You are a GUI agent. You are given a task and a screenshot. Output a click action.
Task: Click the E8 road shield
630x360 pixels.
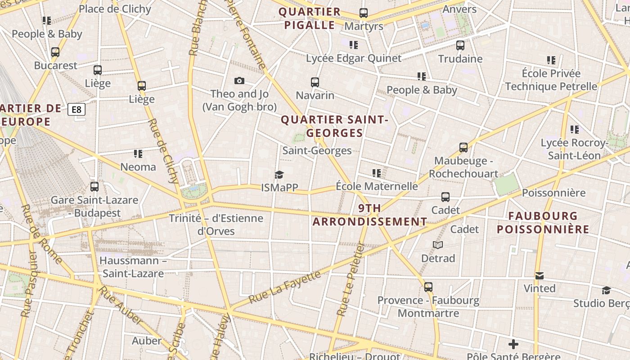point(76,109)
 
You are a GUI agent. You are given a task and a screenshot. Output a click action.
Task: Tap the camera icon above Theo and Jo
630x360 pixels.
point(239,81)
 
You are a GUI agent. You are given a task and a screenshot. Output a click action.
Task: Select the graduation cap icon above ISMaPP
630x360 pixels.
point(279,175)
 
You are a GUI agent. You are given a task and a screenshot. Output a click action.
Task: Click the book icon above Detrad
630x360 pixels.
point(438,245)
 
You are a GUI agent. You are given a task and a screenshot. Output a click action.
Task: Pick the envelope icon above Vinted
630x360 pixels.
point(540,275)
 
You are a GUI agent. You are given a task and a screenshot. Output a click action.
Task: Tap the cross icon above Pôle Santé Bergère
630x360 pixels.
point(513,345)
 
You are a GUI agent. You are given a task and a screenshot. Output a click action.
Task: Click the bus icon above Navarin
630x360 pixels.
point(315,82)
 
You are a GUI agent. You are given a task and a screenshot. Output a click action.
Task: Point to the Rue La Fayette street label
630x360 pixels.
point(284,287)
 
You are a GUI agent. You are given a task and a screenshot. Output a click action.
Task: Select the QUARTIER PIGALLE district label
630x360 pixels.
point(310,18)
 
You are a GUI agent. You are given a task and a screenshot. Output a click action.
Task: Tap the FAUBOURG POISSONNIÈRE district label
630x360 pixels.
point(543,223)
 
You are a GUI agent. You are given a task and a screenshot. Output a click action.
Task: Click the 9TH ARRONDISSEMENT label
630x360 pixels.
point(369,215)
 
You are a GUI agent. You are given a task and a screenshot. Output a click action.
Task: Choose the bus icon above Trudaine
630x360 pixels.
point(460,45)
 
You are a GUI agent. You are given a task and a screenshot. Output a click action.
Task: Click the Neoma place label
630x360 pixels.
point(138,167)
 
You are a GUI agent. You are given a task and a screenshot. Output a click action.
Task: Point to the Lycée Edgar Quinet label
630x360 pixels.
point(354,58)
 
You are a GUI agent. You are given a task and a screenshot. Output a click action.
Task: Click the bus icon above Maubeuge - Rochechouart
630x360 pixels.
point(463,147)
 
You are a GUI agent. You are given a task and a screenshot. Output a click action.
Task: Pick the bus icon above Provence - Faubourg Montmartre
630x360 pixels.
point(428,287)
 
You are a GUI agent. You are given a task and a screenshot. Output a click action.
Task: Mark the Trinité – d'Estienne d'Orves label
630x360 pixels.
point(216,225)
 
